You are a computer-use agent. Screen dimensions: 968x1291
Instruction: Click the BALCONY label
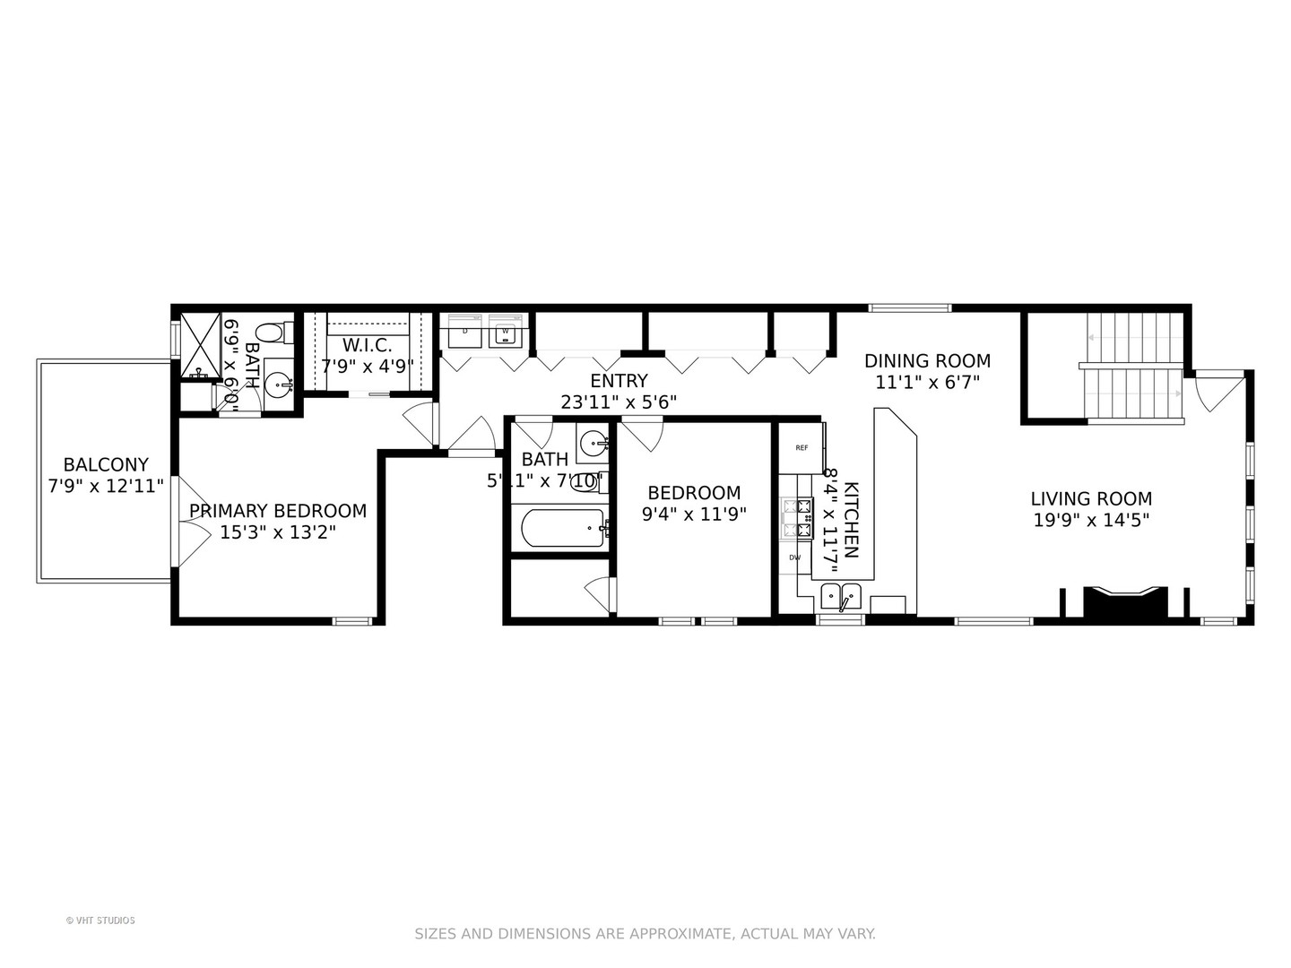click(x=105, y=464)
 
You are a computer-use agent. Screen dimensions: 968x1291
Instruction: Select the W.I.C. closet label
click(x=368, y=345)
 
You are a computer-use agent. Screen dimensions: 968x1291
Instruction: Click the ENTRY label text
click(x=619, y=381)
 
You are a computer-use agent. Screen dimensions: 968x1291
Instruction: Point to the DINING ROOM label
click(x=927, y=360)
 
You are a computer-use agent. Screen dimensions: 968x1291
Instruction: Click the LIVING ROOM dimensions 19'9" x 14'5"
click(x=1091, y=520)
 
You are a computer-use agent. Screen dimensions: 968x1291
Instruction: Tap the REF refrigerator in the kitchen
click(x=801, y=448)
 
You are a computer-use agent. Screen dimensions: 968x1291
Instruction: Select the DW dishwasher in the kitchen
click(x=794, y=557)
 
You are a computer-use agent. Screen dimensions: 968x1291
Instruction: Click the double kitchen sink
click(x=841, y=593)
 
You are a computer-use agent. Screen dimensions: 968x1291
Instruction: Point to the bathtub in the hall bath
click(x=561, y=528)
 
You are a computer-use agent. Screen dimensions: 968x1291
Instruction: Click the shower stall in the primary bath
click(x=200, y=345)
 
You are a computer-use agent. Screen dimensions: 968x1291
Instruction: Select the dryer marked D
click(x=464, y=331)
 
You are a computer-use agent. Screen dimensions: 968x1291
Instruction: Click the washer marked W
click(x=506, y=331)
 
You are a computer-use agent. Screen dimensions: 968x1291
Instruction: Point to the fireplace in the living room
click(x=1125, y=601)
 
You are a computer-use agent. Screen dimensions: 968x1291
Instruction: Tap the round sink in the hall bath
click(x=593, y=442)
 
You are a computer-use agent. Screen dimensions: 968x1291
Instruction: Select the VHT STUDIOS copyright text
click(x=100, y=920)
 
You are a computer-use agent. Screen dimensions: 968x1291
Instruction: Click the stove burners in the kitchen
click(x=795, y=518)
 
